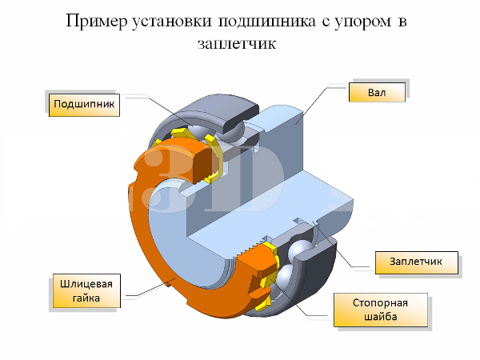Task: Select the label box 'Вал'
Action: pos(376,93)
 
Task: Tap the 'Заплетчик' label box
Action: pos(417,262)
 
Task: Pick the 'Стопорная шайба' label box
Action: pos(381,311)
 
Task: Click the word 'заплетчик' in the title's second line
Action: pos(240,44)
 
